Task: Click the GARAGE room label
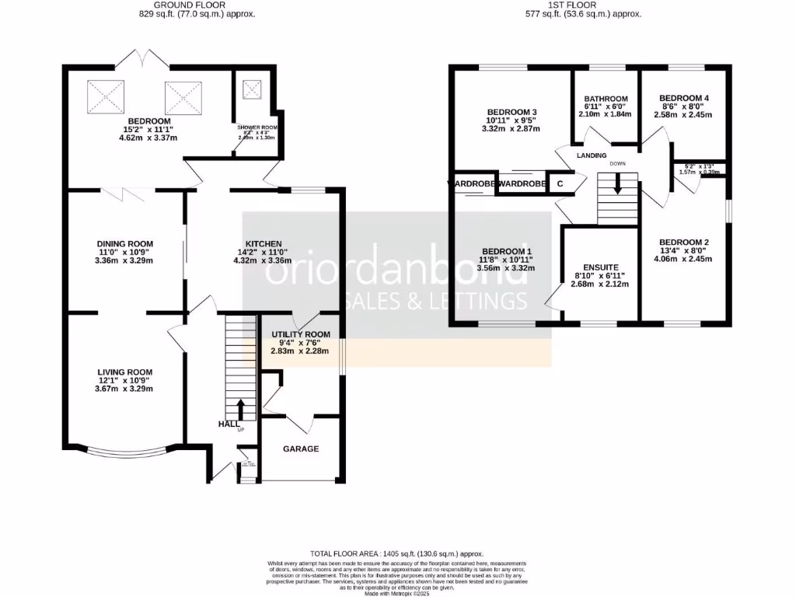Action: click(x=300, y=449)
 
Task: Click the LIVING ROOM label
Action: click(x=124, y=372)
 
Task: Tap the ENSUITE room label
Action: click(x=600, y=267)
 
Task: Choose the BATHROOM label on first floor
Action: click(x=605, y=99)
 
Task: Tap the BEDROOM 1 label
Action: click(x=507, y=250)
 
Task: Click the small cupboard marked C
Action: click(x=560, y=184)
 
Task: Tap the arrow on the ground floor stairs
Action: click(x=240, y=408)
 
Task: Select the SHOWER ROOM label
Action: click(x=257, y=127)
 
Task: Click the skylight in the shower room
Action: click(x=253, y=89)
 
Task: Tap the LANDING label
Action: click(x=591, y=155)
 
